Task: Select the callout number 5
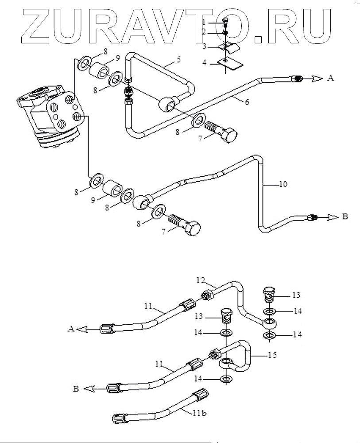178,60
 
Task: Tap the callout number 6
247,102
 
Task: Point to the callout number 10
283,184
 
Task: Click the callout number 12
201,280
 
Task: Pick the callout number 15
272,355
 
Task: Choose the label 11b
200,413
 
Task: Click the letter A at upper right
330,78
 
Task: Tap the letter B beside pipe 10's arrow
345,217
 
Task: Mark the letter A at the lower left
71,329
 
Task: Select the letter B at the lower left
76,389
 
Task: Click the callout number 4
205,62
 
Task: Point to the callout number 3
205,46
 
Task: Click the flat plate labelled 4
230,63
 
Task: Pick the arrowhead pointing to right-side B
333,217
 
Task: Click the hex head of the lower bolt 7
193,228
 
